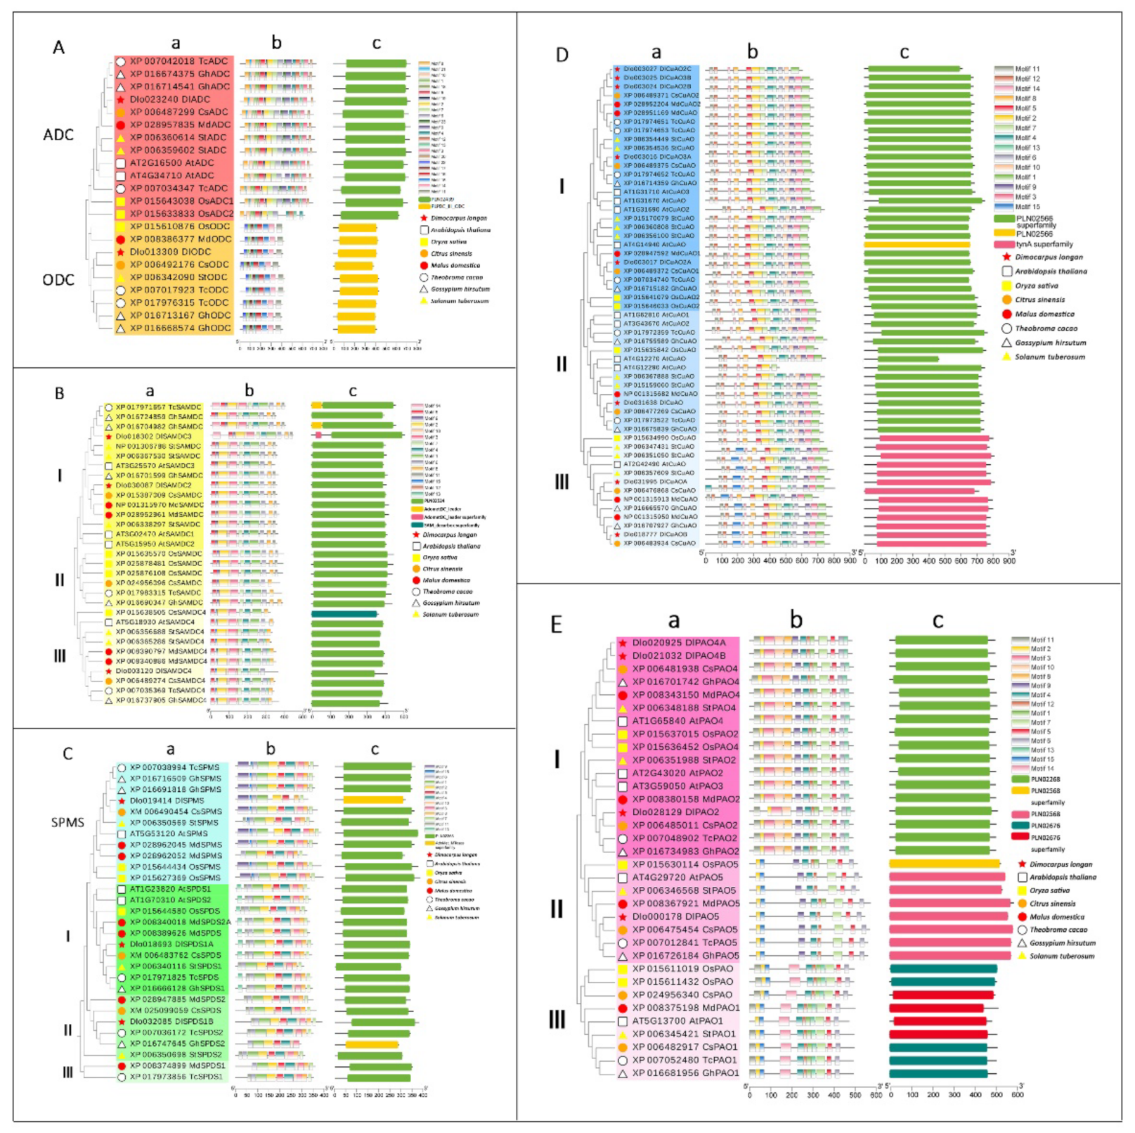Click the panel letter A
click(x=58, y=47)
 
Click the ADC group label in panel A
click(x=58, y=134)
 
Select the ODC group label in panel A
click(x=58, y=280)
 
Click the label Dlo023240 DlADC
click(x=169, y=99)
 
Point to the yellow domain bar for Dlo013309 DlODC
click(x=357, y=252)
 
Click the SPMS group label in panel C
click(x=67, y=822)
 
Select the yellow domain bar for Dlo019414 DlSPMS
click(x=373, y=800)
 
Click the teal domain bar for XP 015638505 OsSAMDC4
click(x=344, y=613)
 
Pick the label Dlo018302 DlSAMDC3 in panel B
click(x=153, y=436)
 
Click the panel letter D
click(x=562, y=55)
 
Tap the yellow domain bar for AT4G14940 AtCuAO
click(x=917, y=245)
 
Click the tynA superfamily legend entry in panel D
click(x=1044, y=244)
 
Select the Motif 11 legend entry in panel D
click(x=1027, y=69)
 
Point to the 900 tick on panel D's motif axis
click(x=850, y=561)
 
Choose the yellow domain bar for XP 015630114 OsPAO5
click(x=944, y=864)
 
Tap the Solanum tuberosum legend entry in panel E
click(x=1061, y=956)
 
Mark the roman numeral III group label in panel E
click(x=557, y=1019)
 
